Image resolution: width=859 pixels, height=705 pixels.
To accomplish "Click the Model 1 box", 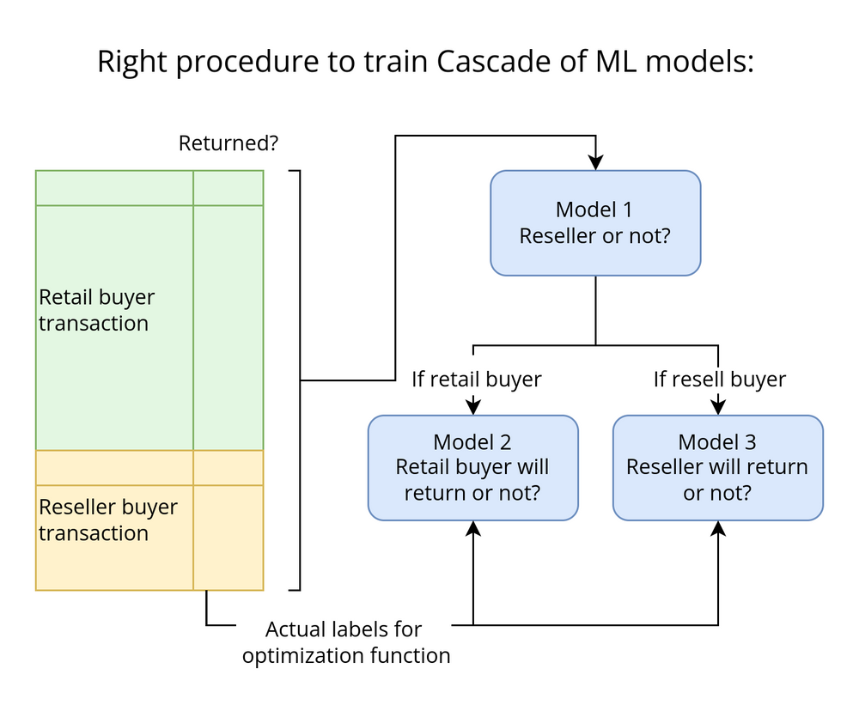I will (x=595, y=222).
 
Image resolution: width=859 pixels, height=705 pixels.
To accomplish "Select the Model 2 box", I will (x=472, y=467).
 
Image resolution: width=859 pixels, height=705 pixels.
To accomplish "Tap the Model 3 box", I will (x=717, y=467).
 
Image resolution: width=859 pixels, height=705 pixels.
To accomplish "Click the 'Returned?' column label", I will (x=228, y=143).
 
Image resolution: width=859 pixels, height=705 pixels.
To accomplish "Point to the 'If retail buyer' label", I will (x=476, y=379).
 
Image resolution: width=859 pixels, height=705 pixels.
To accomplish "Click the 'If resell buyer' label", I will (x=719, y=379).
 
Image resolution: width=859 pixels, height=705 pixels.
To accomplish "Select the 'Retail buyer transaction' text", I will (x=96, y=310).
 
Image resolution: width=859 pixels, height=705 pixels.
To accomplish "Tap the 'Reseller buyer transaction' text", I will (x=107, y=520).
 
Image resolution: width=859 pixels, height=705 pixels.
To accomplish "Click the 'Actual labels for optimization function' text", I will (x=345, y=642).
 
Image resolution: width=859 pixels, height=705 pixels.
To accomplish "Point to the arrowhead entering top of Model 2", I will (x=472, y=408).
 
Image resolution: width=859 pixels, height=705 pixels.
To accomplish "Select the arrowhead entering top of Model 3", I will (x=718, y=408).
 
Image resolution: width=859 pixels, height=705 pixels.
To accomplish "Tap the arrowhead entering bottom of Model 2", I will (x=472, y=528).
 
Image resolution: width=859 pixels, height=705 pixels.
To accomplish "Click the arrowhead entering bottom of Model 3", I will (x=718, y=528).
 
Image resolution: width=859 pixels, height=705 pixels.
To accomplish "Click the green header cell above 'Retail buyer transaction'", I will (x=114, y=188).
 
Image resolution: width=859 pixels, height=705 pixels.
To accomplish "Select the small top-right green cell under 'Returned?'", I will (x=228, y=188).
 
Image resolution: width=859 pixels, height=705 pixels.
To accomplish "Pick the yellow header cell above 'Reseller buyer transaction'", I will (x=114, y=468).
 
